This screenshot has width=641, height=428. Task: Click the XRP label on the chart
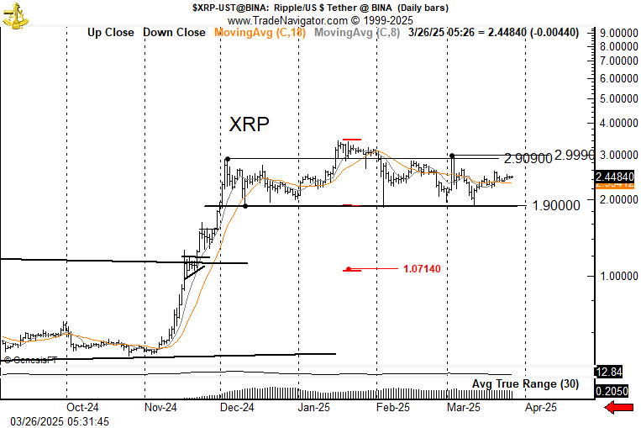[x=250, y=124]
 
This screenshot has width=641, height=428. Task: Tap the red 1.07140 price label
[x=422, y=269]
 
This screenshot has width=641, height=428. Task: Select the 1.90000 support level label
[x=556, y=205]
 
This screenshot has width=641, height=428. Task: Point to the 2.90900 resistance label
[x=528, y=159]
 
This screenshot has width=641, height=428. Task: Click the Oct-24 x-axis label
[x=83, y=407]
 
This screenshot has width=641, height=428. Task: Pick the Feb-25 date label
[x=391, y=407]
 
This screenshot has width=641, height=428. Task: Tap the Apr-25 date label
[x=540, y=407]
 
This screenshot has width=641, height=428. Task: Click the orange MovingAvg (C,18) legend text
[x=261, y=33]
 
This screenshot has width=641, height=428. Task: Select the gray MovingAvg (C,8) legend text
[x=356, y=33]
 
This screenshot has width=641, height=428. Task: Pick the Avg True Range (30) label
[x=525, y=384]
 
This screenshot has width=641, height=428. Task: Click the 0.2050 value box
[x=611, y=391]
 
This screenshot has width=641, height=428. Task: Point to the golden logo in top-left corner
[x=15, y=15]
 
